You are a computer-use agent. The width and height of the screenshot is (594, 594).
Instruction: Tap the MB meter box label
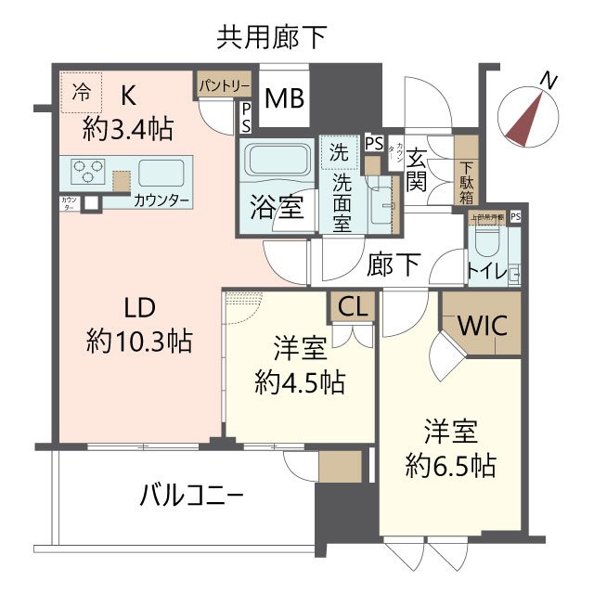coord(285,97)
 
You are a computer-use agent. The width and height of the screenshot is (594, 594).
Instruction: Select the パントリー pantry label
coord(223,85)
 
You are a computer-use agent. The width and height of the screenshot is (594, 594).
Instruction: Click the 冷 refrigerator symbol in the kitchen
coord(82,91)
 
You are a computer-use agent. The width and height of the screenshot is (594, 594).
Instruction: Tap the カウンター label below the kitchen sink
coord(162,200)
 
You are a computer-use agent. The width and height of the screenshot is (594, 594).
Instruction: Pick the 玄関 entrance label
coord(418,169)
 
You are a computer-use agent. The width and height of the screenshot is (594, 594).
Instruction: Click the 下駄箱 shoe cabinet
coord(466,181)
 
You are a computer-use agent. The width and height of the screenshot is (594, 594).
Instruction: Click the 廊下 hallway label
coord(394,265)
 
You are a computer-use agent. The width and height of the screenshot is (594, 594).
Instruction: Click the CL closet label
coord(352,307)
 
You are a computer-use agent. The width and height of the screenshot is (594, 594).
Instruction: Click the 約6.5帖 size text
coord(450,463)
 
